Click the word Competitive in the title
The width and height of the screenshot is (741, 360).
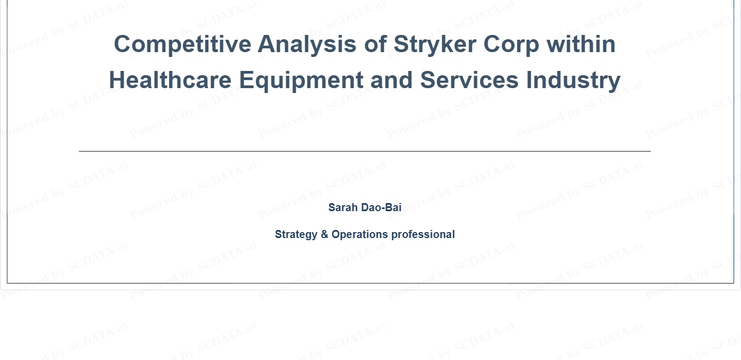click(183, 44)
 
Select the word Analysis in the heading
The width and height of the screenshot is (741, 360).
click(307, 45)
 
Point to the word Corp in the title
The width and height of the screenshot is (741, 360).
click(511, 45)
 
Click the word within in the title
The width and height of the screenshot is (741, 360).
click(581, 44)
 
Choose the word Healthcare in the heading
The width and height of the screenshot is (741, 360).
click(170, 80)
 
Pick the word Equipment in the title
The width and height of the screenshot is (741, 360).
click(301, 81)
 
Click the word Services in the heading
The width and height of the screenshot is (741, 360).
click(469, 80)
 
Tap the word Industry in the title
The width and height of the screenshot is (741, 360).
click(573, 81)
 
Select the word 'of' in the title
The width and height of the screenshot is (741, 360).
click(375, 44)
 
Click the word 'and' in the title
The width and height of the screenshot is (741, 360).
click(391, 80)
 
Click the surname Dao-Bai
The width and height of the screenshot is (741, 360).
click(381, 207)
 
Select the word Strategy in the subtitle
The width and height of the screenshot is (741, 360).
click(296, 235)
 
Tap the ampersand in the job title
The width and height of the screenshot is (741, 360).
click(324, 234)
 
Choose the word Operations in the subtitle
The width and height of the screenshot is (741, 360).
click(360, 235)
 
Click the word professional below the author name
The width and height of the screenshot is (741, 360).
click(423, 235)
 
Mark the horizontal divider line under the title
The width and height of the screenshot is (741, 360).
click(365, 151)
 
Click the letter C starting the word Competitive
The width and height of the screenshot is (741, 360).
click(122, 44)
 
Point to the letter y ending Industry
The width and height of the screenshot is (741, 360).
click(615, 83)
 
